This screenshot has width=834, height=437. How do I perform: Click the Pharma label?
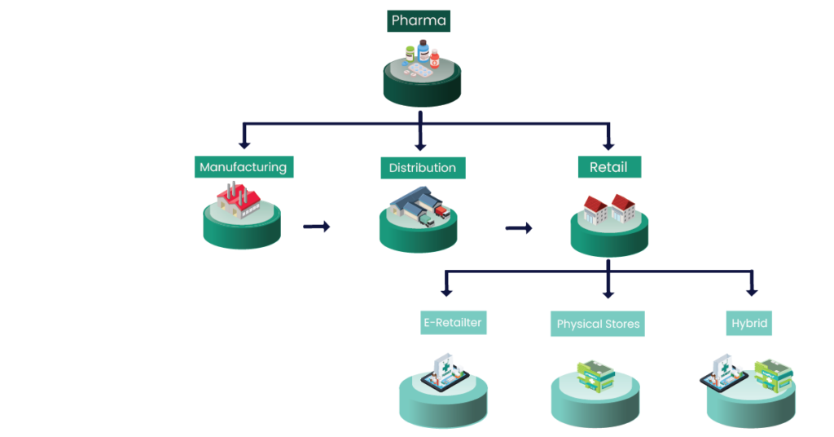[x=419, y=20]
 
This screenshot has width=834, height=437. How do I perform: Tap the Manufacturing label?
[x=243, y=167]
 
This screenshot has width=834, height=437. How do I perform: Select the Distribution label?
[x=422, y=168]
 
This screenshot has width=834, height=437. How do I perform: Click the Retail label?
[x=608, y=167]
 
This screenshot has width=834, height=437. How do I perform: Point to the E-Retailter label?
[x=452, y=322]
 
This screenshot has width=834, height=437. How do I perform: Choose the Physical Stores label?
[x=598, y=324]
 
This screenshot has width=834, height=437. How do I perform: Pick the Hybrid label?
[x=749, y=323]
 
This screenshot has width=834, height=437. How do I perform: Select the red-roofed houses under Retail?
[x=609, y=208]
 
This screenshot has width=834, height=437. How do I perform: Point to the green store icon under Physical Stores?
[x=595, y=374]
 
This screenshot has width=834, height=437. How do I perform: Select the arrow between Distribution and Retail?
[x=519, y=228]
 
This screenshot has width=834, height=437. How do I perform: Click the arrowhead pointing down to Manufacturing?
[x=243, y=144]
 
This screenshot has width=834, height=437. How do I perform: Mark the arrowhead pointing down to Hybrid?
[x=752, y=290]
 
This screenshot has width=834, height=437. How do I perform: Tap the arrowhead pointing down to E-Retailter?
[x=446, y=290]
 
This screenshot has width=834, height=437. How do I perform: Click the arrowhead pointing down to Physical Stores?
[x=608, y=292]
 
